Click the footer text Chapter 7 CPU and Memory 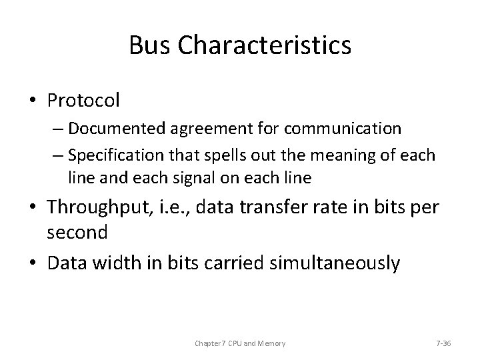click(x=240, y=343)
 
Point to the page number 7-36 click(x=443, y=343)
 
